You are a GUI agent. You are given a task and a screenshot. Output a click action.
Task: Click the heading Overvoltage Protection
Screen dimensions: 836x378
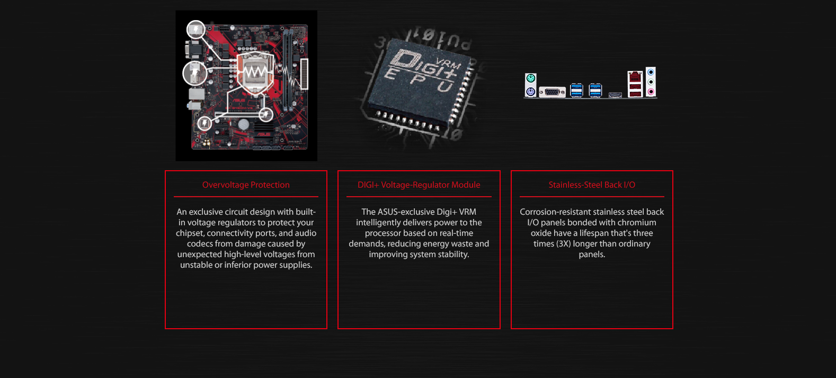click(246, 185)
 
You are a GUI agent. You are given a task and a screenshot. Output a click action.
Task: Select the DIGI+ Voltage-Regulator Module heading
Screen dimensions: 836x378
click(419, 185)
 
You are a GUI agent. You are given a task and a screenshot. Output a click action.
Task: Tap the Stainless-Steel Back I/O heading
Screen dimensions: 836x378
click(592, 185)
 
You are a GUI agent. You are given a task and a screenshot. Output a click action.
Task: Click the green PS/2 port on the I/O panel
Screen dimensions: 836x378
click(530, 78)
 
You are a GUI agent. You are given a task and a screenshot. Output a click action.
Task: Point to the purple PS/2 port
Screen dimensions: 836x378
click(530, 92)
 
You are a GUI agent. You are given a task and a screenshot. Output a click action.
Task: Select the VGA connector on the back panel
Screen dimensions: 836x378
click(553, 92)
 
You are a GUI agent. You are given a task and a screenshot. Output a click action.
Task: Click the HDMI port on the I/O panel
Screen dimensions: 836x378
click(615, 95)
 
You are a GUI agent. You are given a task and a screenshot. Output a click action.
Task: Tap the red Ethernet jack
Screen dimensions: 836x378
click(635, 77)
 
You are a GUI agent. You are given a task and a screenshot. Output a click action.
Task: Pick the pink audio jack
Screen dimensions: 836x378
click(651, 91)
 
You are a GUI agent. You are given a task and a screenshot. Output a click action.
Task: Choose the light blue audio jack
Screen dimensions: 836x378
click(651, 72)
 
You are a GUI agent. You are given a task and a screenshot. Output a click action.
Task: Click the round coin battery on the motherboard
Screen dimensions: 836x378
click(243, 125)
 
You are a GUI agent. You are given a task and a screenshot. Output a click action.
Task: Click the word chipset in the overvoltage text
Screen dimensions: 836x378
click(190, 233)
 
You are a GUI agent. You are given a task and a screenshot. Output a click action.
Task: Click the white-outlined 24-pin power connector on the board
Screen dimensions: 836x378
click(304, 74)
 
